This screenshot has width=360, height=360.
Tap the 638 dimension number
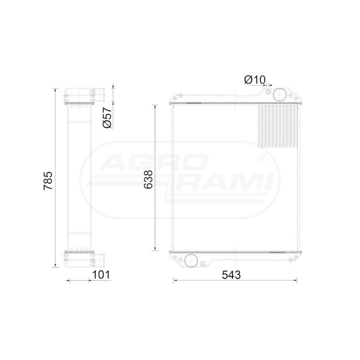[148, 179]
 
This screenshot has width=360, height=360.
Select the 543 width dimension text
[231, 275]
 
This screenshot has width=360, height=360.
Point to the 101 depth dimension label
[101, 274]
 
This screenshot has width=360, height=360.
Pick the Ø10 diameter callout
[254, 79]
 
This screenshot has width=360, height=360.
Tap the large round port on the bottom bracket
[191, 260]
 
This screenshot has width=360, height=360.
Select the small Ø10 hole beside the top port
[268, 92]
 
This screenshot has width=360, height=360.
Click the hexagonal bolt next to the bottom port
[202, 263]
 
